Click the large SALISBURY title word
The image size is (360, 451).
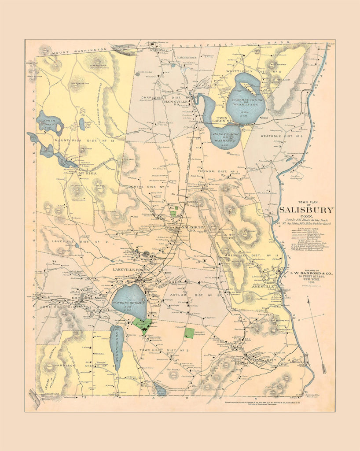[306, 210]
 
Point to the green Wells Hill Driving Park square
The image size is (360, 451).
[189, 333]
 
